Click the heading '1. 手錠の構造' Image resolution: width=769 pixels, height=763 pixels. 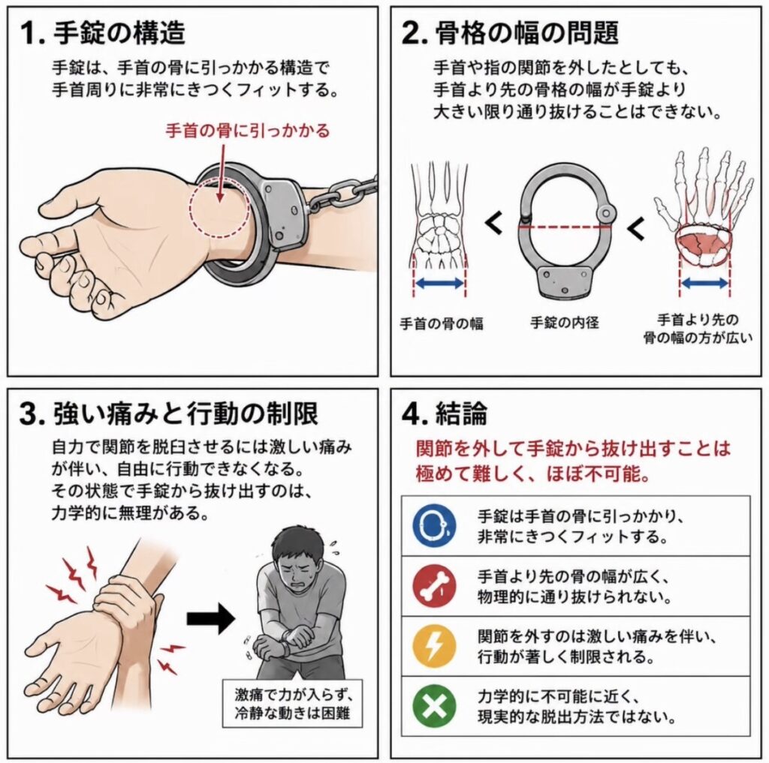click(102, 33)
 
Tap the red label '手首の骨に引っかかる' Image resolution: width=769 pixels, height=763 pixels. click(248, 131)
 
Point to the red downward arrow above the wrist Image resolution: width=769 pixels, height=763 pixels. click(222, 172)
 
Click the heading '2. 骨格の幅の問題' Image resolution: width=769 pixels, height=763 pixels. click(510, 33)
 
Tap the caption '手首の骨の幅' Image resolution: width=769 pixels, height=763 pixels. click(442, 323)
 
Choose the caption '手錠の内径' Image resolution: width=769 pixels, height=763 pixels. click(565, 323)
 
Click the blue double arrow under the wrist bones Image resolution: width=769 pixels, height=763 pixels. click(439, 283)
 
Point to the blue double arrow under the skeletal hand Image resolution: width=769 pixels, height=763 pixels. click(704, 283)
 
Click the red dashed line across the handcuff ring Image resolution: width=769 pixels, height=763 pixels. click(565, 227)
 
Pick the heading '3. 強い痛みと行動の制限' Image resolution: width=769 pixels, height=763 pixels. click(169, 414)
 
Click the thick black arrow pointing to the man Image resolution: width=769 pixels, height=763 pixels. click(211, 618)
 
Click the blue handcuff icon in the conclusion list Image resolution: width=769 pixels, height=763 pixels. click(434, 525)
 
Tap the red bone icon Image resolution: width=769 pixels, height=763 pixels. click(434, 586)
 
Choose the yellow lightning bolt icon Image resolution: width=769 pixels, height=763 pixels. click(434, 647)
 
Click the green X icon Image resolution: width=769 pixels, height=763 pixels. click(434, 707)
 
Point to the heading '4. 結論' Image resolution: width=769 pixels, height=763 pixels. click(445, 414)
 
